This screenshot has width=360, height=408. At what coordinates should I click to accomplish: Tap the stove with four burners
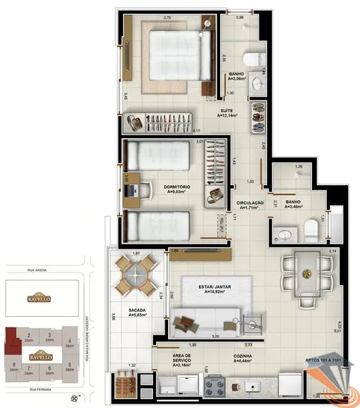[x=217, y=386]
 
